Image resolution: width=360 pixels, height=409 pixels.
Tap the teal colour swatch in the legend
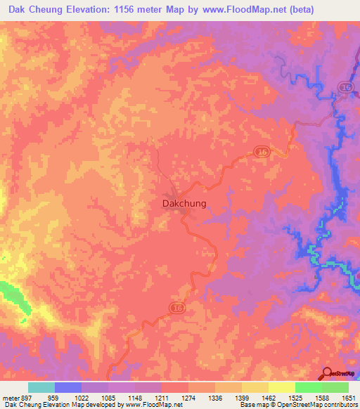[41, 387]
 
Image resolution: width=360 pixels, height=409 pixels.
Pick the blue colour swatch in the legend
[68, 387]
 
